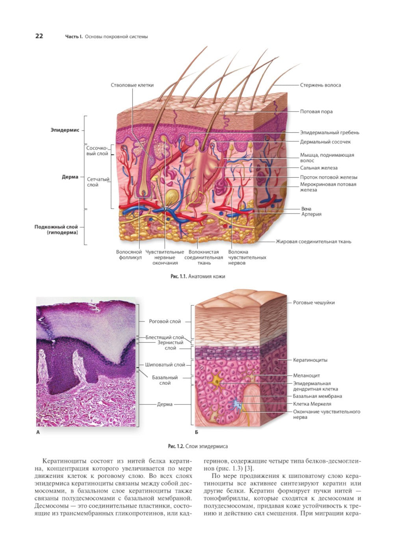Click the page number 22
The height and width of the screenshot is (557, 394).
39,36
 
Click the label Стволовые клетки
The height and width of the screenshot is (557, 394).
132,85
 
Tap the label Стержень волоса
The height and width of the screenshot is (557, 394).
320,85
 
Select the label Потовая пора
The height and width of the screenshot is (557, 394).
316,111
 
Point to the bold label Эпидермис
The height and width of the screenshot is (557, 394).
65,130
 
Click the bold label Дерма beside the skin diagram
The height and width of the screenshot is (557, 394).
70,177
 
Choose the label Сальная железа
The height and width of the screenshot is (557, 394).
319,168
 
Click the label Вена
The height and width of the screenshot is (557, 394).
306,209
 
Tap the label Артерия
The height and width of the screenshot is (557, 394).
311,214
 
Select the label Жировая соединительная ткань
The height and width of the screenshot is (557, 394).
313,241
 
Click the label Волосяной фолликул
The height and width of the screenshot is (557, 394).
129,254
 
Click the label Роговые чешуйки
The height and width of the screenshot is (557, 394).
314,303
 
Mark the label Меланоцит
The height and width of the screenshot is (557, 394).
307,375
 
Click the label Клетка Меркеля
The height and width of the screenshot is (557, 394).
312,404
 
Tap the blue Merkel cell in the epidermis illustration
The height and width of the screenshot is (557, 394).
236,404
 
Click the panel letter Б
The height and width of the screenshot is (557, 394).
197,432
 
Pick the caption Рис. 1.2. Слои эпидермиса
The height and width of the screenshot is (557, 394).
198,446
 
